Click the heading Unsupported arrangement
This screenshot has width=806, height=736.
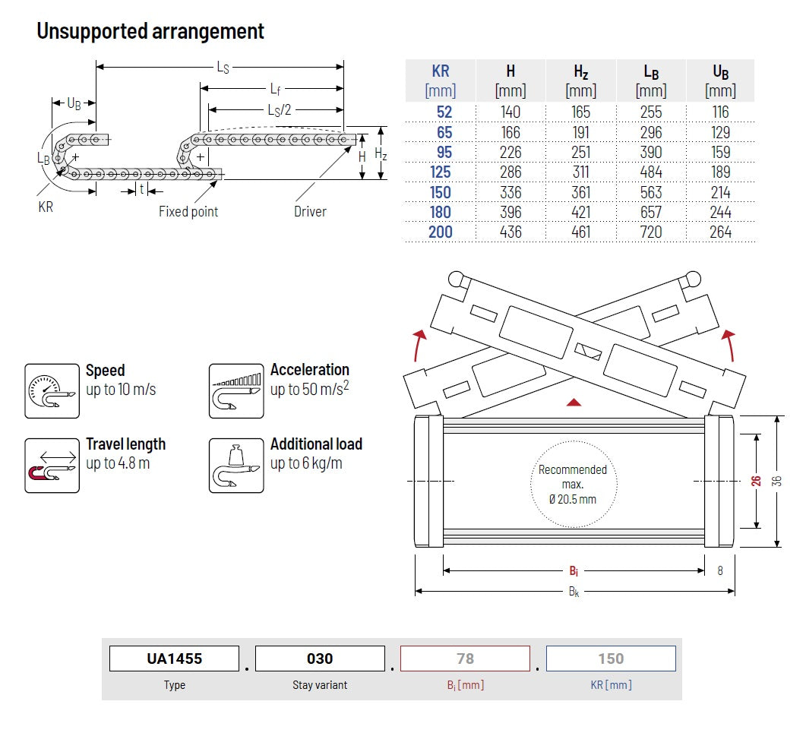(x=150, y=31)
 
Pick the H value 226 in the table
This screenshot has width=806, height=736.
(x=510, y=152)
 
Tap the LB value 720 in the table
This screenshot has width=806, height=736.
(x=651, y=232)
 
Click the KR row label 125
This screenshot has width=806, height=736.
(x=441, y=172)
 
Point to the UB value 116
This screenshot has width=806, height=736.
(x=720, y=112)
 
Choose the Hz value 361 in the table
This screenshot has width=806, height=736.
(x=581, y=192)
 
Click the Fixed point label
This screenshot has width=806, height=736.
(x=188, y=211)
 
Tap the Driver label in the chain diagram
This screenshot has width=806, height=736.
(x=310, y=211)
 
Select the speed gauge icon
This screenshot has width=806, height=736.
(x=52, y=390)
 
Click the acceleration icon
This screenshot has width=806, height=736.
(x=236, y=390)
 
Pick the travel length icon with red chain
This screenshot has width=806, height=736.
(x=52, y=465)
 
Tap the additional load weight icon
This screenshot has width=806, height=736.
(x=236, y=465)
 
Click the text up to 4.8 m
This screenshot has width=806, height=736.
(x=118, y=463)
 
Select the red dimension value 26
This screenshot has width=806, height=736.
(x=756, y=481)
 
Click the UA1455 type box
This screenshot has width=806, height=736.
(x=174, y=659)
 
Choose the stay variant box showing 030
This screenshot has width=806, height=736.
(x=320, y=659)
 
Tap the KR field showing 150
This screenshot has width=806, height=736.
(x=611, y=659)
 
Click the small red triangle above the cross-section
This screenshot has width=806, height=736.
(x=575, y=401)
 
